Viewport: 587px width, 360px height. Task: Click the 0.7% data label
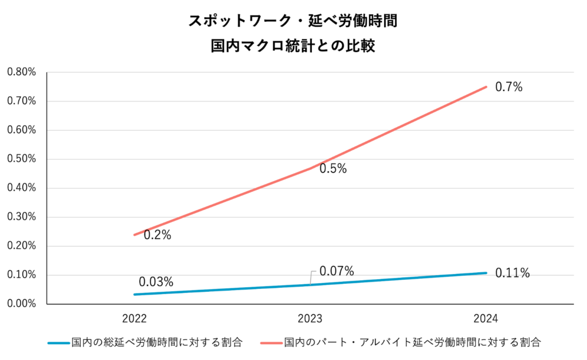tap(509, 87)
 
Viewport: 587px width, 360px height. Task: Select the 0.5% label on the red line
tap(333, 169)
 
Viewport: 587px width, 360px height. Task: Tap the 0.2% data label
tap(157, 235)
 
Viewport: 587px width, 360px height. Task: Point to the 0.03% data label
tap(155, 282)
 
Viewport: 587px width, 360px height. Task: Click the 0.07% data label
tap(336, 271)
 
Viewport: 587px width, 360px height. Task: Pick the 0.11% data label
tap(512, 273)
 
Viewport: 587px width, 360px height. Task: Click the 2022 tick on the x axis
tap(134, 319)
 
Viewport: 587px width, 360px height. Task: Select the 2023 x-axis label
tap(310, 319)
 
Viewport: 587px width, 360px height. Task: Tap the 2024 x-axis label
tap(486, 319)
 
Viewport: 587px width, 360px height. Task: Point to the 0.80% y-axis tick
tap(21, 72)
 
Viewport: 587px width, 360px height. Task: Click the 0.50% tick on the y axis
tap(21, 159)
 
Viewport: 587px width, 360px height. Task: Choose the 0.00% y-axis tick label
tap(21, 304)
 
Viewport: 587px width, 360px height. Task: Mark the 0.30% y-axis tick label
tap(21, 217)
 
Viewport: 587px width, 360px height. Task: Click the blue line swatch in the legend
tap(58, 343)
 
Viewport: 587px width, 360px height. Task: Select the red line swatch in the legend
tap(271, 343)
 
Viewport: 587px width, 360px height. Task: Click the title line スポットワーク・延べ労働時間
tap(293, 22)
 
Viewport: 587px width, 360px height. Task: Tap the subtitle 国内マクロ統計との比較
tap(293, 46)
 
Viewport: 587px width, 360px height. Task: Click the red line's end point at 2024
tap(486, 87)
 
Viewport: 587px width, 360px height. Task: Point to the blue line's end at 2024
tap(486, 273)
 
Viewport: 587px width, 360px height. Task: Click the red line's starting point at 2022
tap(134, 234)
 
